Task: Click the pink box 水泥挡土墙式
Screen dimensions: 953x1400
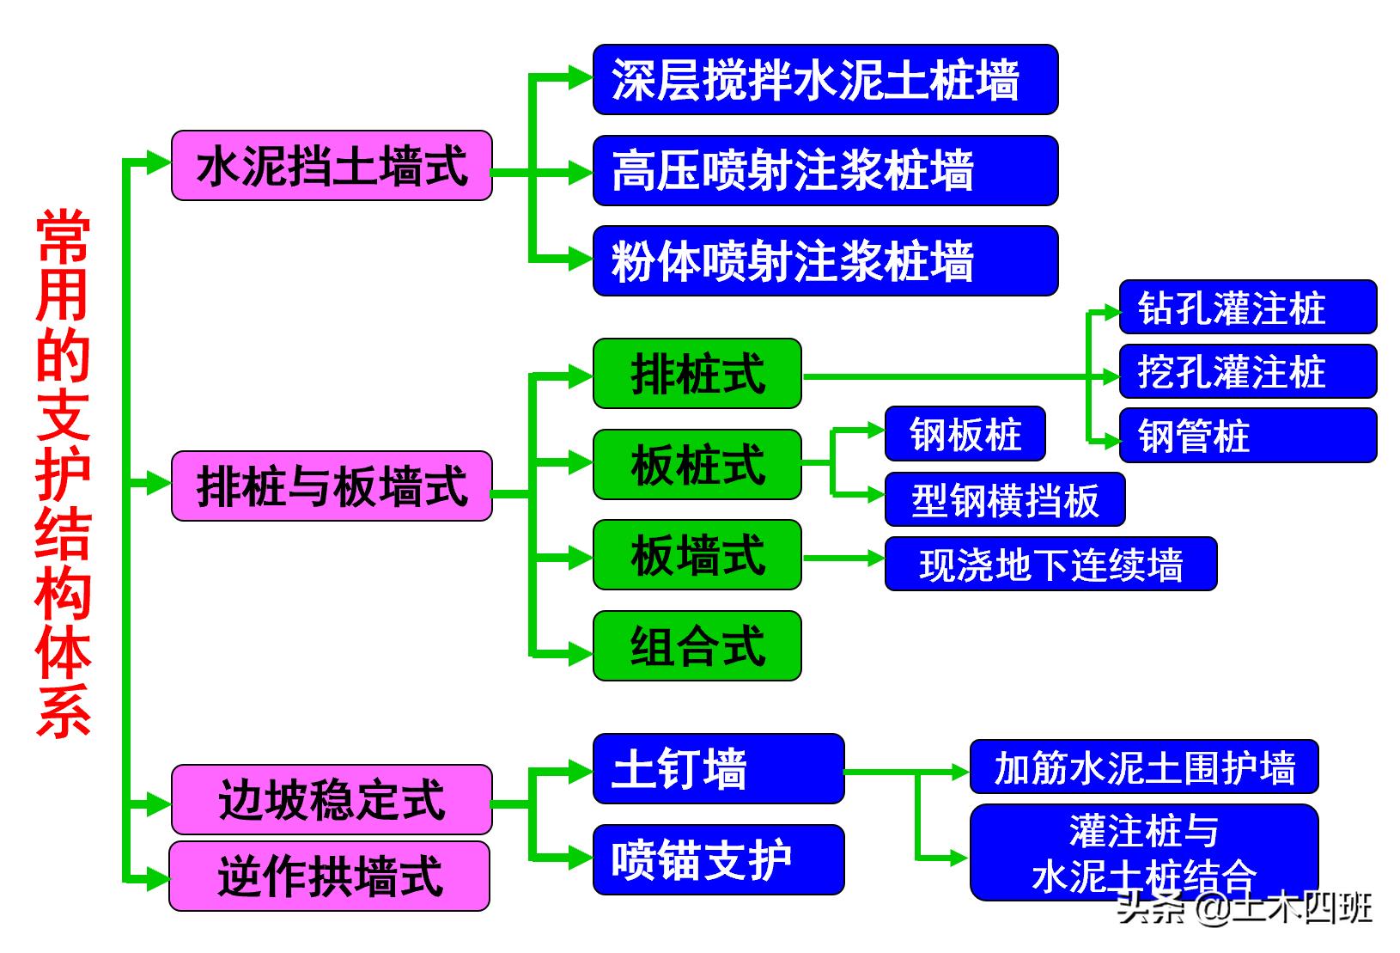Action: point(332,166)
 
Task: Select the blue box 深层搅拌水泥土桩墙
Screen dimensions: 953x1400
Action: point(825,80)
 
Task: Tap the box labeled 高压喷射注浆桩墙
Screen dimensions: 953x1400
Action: point(825,170)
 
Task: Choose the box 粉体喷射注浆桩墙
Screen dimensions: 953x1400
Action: point(825,261)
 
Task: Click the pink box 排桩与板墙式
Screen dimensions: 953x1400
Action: point(332,486)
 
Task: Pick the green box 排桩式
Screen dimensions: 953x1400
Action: point(697,374)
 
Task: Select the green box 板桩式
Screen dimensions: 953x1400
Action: point(697,465)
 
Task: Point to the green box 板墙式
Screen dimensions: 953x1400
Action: point(697,555)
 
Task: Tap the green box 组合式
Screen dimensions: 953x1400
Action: point(697,646)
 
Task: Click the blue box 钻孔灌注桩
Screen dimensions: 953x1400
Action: point(1247,307)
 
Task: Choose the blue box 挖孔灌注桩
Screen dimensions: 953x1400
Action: point(1247,371)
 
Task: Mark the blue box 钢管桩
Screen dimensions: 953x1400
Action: point(1247,436)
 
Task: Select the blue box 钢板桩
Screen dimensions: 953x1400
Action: point(965,434)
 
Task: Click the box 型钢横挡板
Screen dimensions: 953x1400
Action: point(1004,499)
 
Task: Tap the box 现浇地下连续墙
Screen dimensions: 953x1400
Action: point(1050,564)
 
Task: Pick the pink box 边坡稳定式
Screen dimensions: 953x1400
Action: point(332,800)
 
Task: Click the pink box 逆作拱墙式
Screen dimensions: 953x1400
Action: point(330,877)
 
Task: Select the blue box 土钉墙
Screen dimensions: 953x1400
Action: point(718,769)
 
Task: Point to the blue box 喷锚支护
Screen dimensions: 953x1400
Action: point(718,859)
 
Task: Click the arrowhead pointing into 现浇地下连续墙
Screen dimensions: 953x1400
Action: point(875,559)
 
